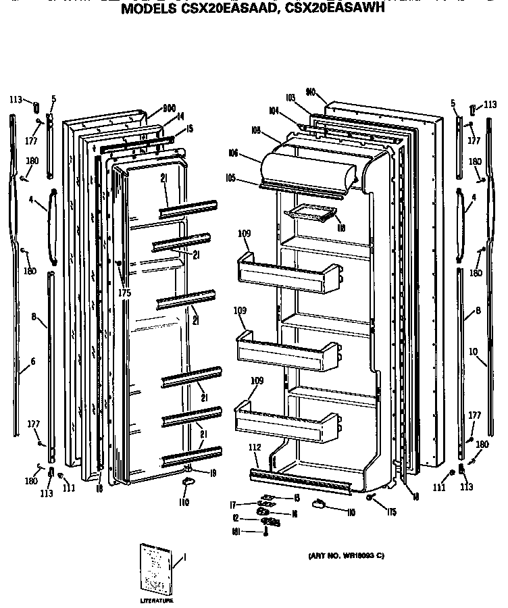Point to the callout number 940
coord(311,91)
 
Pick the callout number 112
coord(255,449)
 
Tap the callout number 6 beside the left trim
coord(32,362)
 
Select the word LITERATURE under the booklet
coord(157,600)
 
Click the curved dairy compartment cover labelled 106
coord(307,169)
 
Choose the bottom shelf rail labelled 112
coord(301,476)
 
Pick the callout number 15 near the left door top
coord(190,129)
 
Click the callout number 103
coord(291,99)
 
